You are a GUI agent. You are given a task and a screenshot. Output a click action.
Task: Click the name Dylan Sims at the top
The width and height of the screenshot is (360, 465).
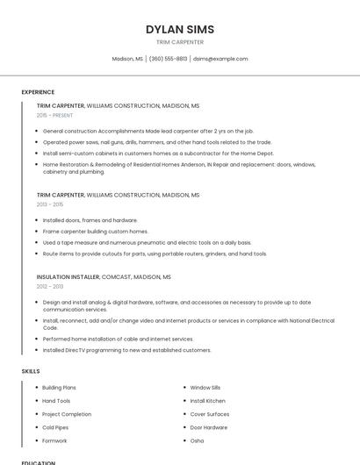[180, 29]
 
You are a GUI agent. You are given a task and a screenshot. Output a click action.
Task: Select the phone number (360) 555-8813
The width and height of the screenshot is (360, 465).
[168, 59]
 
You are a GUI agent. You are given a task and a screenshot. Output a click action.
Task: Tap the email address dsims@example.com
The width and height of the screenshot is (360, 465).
[220, 59]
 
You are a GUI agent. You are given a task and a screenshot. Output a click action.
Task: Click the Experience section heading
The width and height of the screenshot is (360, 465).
[38, 92]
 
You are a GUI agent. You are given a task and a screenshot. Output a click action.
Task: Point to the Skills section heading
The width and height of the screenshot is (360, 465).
[31, 371]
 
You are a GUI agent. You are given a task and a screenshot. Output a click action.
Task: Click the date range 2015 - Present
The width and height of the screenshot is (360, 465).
[54, 115]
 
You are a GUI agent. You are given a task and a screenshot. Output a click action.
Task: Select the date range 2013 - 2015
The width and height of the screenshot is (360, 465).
[50, 204]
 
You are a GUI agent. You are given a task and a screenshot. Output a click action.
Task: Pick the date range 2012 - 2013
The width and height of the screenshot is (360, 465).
[50, 286]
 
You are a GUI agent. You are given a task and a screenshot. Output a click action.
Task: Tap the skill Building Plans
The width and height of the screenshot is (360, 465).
[59, 387]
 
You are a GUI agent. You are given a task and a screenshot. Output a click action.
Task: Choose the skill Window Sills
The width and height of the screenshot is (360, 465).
[205, 387]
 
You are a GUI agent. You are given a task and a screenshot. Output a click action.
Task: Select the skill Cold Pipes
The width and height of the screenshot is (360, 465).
[54, 427]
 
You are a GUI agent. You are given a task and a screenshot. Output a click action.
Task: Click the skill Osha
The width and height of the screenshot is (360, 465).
[197, 440]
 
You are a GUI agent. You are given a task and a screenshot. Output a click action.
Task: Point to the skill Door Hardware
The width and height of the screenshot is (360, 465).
[209, 427]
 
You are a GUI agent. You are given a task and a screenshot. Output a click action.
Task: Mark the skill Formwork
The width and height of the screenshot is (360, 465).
[54, 440]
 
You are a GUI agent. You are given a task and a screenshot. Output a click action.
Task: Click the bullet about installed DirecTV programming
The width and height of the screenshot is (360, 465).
[127, 350]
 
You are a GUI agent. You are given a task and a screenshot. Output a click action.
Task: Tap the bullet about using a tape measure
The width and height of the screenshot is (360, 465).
[147, 242]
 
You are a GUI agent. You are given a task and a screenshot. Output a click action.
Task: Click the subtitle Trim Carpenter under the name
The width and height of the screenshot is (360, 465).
[180, 42]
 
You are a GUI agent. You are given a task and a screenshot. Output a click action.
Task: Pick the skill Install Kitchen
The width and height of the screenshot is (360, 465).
[208, 400]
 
